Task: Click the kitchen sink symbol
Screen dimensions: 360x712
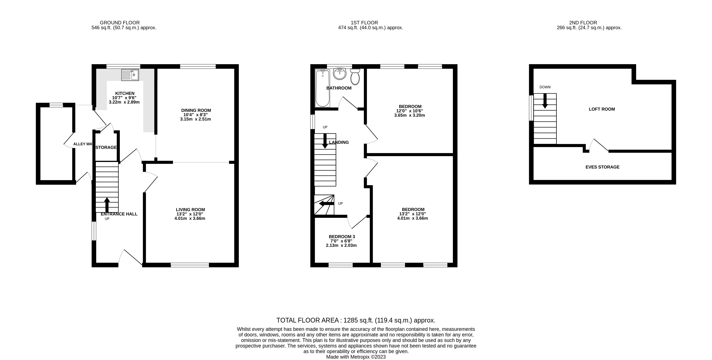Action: coord(130,75)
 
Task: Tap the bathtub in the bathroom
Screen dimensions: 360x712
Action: coord(322,88)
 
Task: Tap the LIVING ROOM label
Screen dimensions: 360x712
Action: coord(190,209)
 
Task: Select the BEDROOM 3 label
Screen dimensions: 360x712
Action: coord(342,236)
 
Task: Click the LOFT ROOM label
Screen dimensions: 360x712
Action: coord(602,109)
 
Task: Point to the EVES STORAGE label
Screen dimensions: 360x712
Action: coord(602,167)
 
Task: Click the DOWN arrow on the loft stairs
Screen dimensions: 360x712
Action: coord(545,101)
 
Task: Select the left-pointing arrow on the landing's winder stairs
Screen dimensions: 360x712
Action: coord(326,204)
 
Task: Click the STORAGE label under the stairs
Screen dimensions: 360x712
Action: coord(106,148)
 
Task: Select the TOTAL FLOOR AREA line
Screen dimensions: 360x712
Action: coord(356,320)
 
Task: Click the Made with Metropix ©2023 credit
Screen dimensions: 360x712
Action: coord(356,357)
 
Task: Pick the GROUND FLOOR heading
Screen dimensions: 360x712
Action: coord(120,23)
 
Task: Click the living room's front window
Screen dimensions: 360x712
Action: coord(190,265)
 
